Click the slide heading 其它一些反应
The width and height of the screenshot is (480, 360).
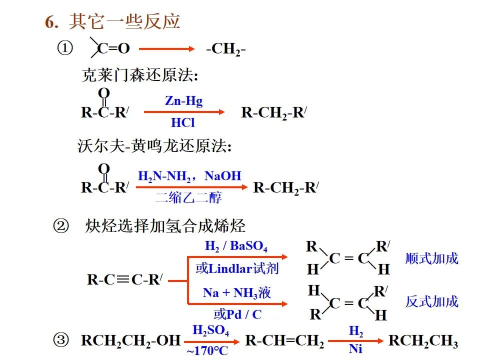pos(124,22)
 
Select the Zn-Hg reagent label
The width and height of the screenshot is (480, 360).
pos(183,101)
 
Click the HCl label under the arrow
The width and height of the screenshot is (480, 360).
pos(182,123)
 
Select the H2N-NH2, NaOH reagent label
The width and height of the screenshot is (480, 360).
pos(189,176)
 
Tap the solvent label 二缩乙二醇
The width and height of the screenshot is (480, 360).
pos(189,197)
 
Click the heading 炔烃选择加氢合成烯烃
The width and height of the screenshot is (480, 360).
pos(165,226)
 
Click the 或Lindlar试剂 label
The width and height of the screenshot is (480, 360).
pos(237,268)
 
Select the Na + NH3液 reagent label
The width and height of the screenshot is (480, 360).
pos(237,293)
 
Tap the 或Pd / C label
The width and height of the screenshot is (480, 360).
pos(237,314)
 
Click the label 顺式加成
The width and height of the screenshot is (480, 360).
pos(431,258)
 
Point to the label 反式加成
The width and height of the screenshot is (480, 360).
pos(431,301)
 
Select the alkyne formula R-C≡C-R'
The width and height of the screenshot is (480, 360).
pos(125,279)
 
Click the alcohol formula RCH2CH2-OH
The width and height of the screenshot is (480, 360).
pos(130,341)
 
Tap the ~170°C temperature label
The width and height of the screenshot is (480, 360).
pos(207,351)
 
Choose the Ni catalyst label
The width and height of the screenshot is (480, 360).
pos(355,349)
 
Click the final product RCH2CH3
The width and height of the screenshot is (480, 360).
pos(423,341)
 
